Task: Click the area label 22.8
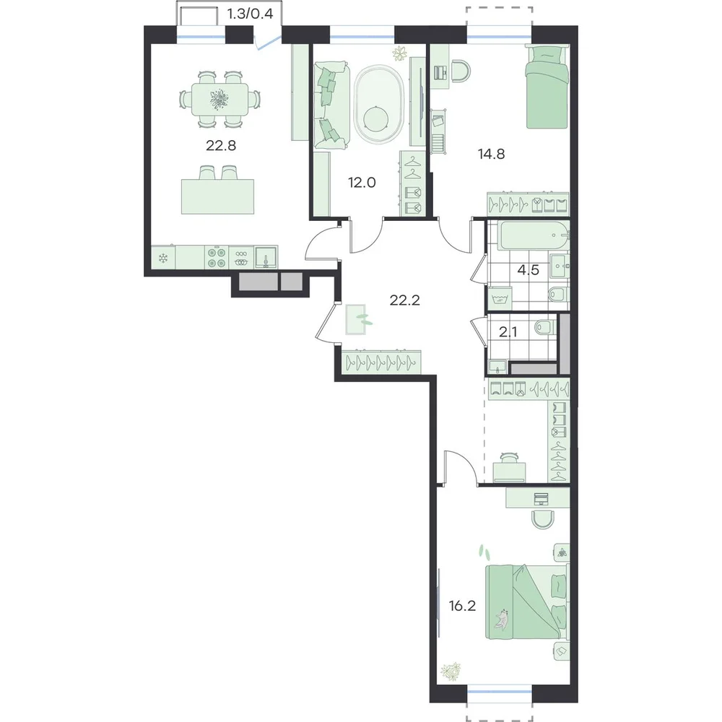click(221, 146)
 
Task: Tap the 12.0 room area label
click(362, 183)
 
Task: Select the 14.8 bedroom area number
click(491, 155)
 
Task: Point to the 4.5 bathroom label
click(529, 270)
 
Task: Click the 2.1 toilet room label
click(508, 332)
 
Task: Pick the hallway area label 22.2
click(405, 300)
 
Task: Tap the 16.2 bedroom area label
click(462, 606)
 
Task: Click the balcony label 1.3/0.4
click(250, 14)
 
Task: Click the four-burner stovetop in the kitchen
click(217, 258)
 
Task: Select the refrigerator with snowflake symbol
click(163, 258)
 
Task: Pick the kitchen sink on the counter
click(266, 258)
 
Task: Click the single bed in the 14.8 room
click(546, 87)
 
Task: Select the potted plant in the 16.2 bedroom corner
click(451, 671)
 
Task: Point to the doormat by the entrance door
click(355, 319)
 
